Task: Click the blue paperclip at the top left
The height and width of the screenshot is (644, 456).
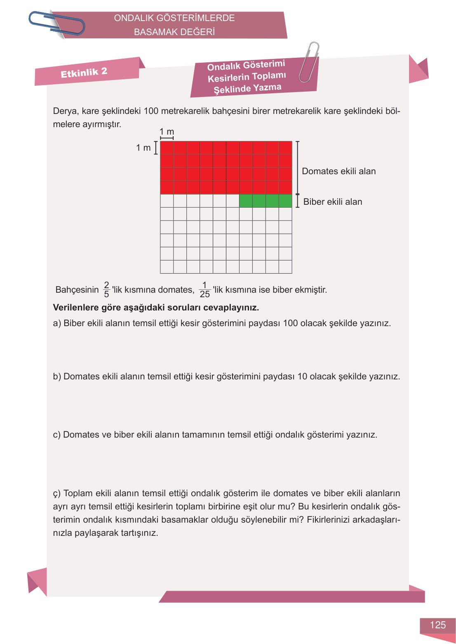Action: [56, 23]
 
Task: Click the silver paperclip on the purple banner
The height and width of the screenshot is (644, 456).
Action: [309, 62]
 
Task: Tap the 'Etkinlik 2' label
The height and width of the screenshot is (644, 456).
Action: [84, 73]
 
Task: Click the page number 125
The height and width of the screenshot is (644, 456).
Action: [437, 625]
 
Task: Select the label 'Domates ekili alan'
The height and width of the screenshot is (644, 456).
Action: [338, 171]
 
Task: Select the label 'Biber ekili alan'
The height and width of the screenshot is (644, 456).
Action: [332, 202]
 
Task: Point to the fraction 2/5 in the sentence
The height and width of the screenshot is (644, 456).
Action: [106, 290]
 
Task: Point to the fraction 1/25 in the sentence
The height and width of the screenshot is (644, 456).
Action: [204, 290]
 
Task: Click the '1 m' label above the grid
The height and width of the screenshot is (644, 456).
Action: [167, 132]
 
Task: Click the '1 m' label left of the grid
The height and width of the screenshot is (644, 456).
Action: [143, 148]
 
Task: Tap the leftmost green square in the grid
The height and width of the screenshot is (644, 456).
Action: [246, 201]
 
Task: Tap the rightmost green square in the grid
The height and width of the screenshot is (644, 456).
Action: [285, 201]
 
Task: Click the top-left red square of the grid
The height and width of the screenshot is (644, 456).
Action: [167, 148]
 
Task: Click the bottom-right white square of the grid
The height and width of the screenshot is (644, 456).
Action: [285, 267]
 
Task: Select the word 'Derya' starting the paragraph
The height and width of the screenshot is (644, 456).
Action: [65, 111]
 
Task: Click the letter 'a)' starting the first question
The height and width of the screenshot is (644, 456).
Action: [57, 323]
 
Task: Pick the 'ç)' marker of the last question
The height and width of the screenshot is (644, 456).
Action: [57, 494]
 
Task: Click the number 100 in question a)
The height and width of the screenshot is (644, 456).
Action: [290, 323]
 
